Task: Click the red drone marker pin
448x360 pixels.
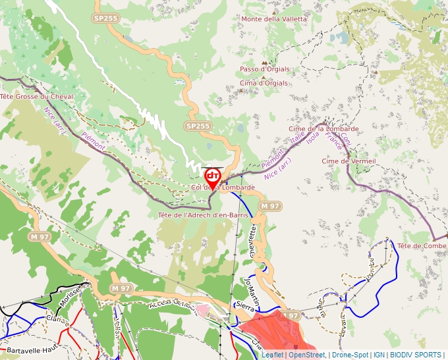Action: pos(212,177)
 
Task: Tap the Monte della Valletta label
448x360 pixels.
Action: pos(274,19)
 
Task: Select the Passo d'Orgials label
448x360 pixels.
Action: pos(264,69)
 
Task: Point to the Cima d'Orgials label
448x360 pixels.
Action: pos(264,84)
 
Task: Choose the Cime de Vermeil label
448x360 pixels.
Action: pos(349,161)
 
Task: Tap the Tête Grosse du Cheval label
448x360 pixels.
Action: pos(36,97)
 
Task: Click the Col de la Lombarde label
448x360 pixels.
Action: pos(223,188)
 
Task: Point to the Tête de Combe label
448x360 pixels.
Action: pos(422,245)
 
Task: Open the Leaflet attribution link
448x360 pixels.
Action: pos(273,355)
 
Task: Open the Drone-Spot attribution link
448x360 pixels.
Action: pos(350,355)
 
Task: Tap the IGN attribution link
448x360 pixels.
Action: pos(379,355)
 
